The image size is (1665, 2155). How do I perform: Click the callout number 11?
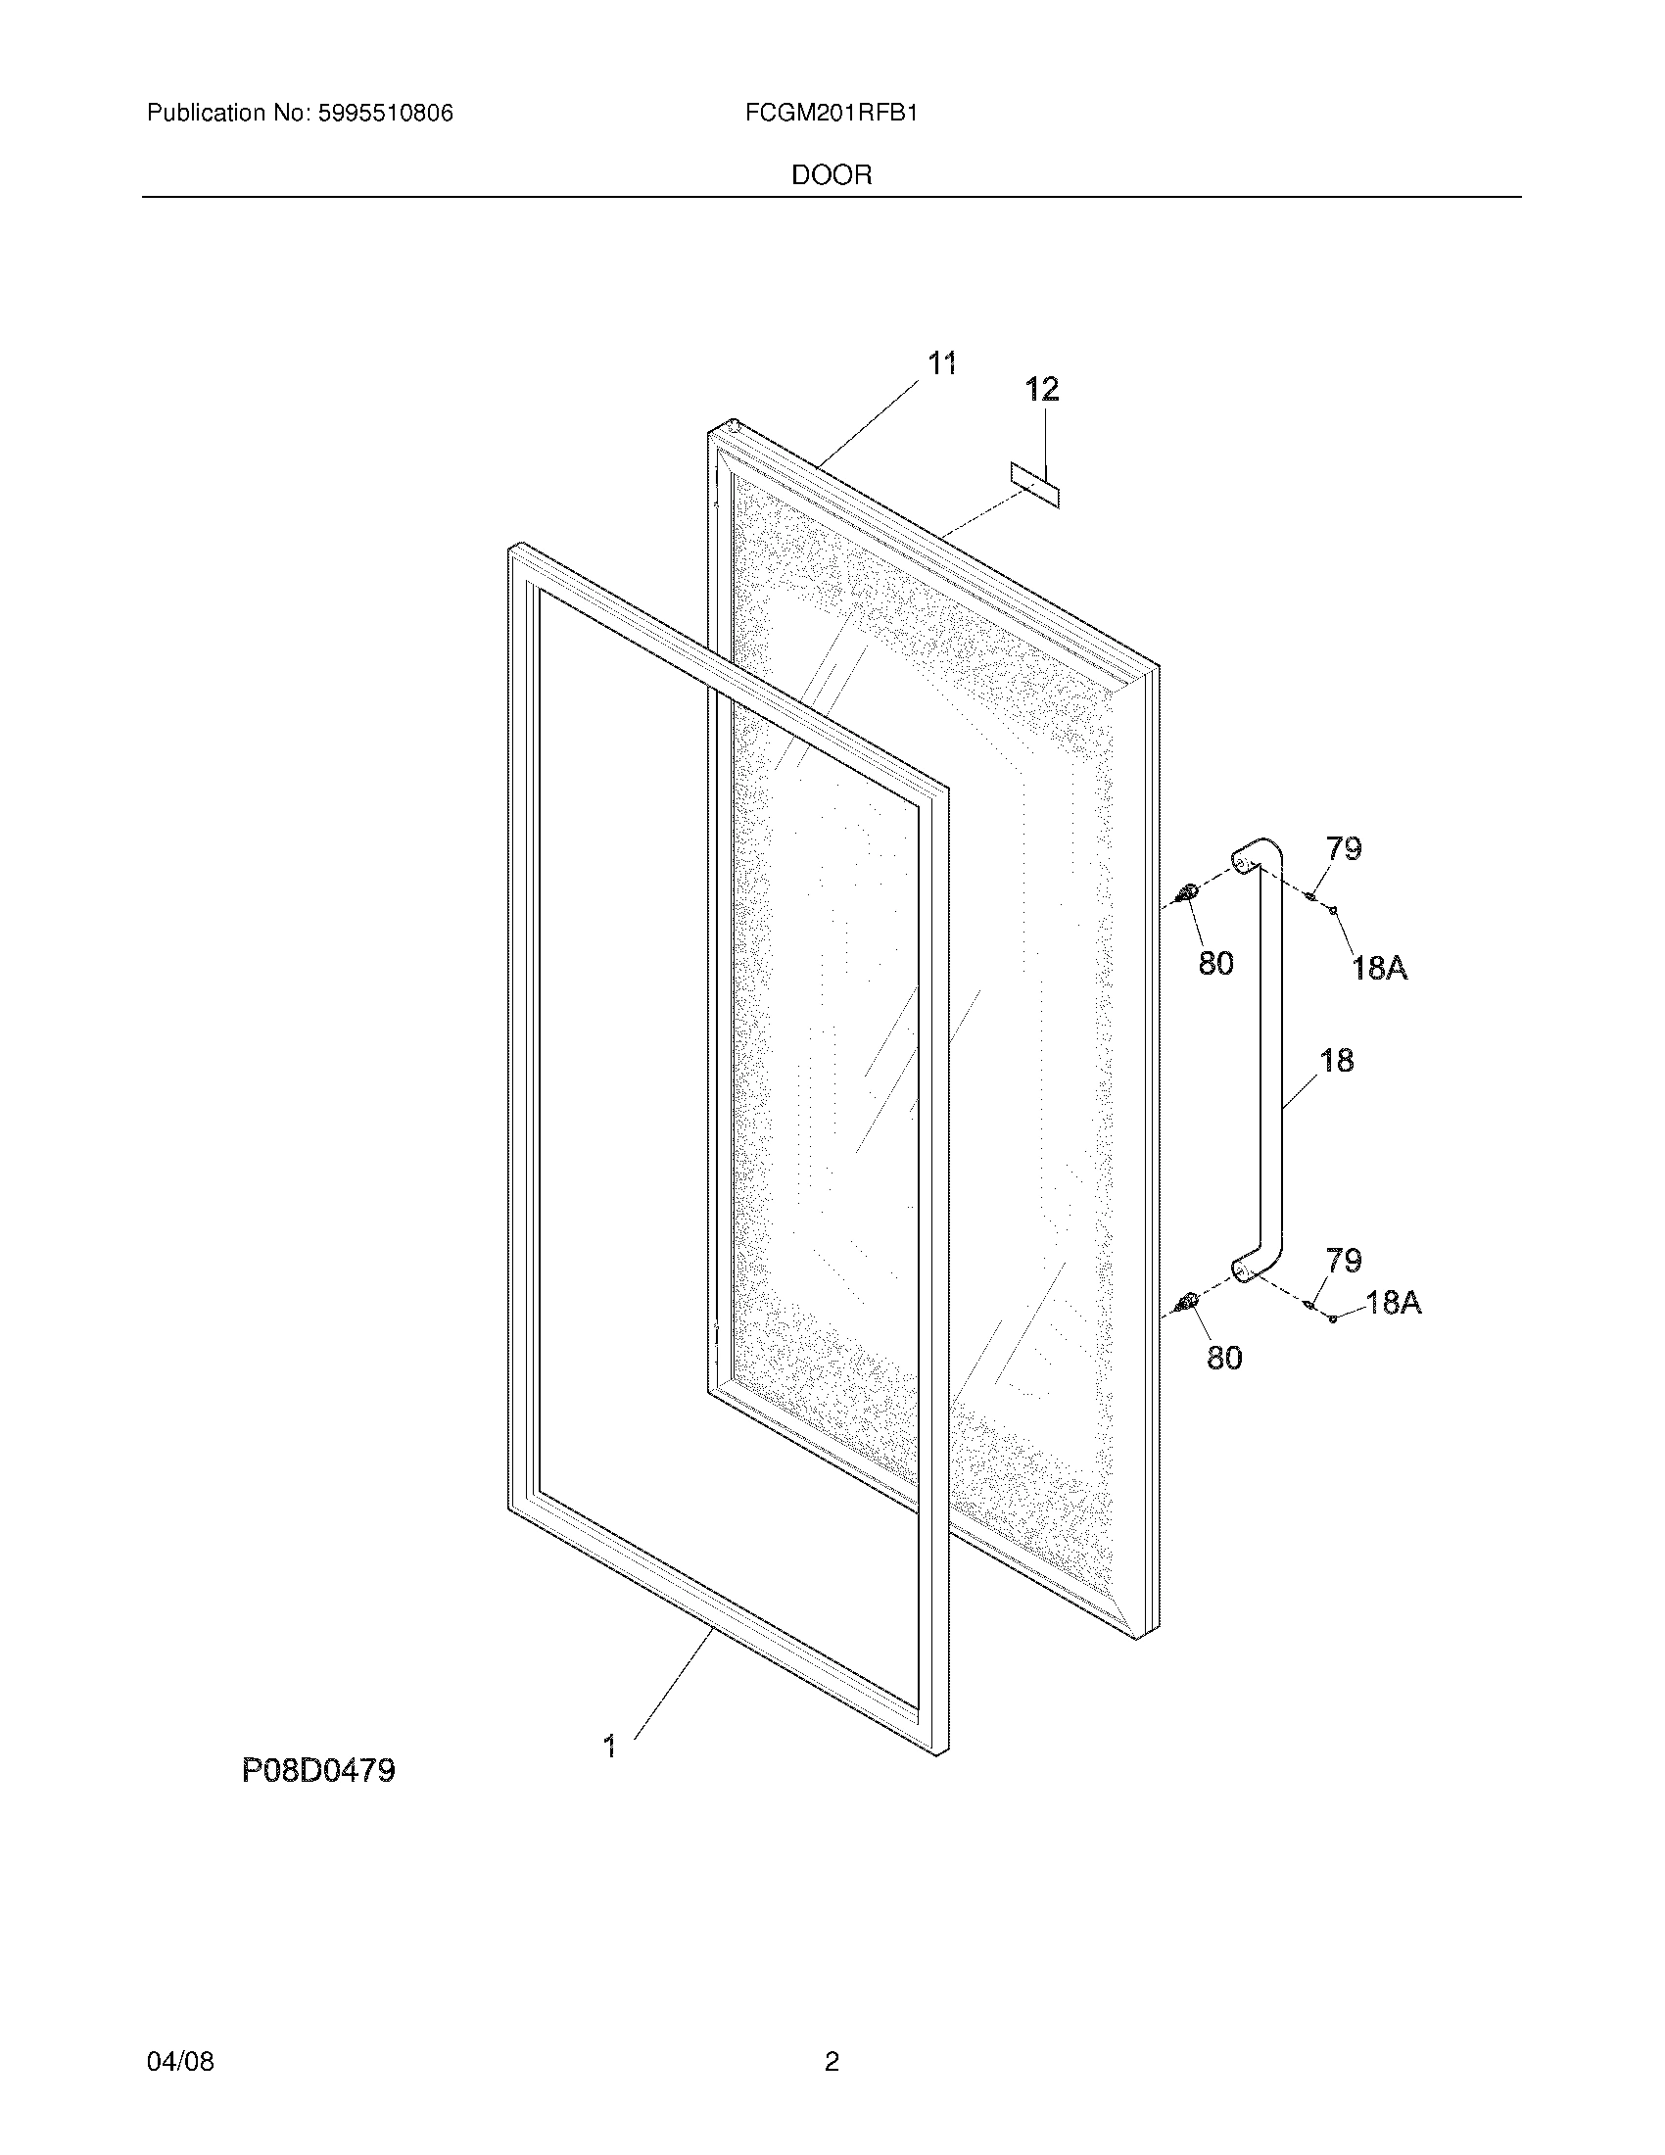click(942, 364)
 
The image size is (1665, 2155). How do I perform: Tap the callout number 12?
click(1042, 390)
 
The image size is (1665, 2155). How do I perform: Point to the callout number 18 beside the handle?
click(1336, 1061)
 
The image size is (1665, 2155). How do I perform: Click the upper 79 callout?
click(1343, 848)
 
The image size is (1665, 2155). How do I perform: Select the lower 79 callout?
click(1344, 1260)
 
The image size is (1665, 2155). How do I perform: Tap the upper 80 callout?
click(1215, 963)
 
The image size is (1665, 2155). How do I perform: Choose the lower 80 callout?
click(1224, 1359)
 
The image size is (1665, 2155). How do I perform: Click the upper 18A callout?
click(1379, 968)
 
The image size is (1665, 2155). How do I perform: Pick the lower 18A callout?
click(1393, 1304)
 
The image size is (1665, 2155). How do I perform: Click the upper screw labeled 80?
click(1187, 894)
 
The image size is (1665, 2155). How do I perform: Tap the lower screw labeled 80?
click(1187, 1304)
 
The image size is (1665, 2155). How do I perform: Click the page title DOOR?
click(832, 175)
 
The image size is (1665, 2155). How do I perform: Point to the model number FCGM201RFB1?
click(832, 114)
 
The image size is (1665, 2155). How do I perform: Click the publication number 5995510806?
click(385, 114)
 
